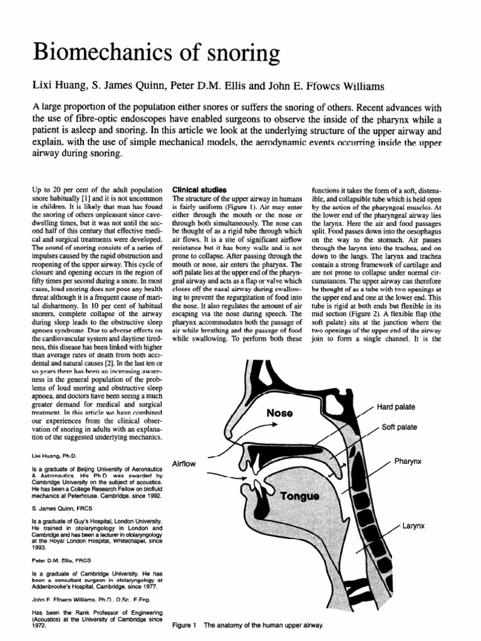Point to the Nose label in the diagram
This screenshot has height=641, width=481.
pos(284,413)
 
